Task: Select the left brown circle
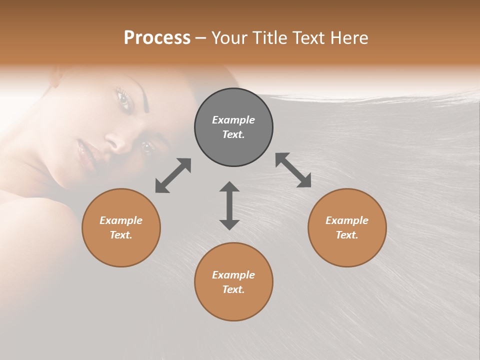click(x=121, y=227)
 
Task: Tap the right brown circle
click(x=347, y=227)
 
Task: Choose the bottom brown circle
click(x=233, y=282)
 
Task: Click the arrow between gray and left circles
click(x=173, y=175)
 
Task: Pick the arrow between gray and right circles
click(x=293, y=170)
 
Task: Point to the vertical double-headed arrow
click(x=229, y=205)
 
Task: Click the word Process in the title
click(x=157, y=37)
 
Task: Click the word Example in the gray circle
click(x=233, y=120)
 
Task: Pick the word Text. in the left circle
click(x=121, y=235)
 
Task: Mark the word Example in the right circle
click(x=347, y=220)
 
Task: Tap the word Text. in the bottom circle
click(x=233, y=289)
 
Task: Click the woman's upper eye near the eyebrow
click(x=123, y=98)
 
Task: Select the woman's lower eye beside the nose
click(x=146, y=147)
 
